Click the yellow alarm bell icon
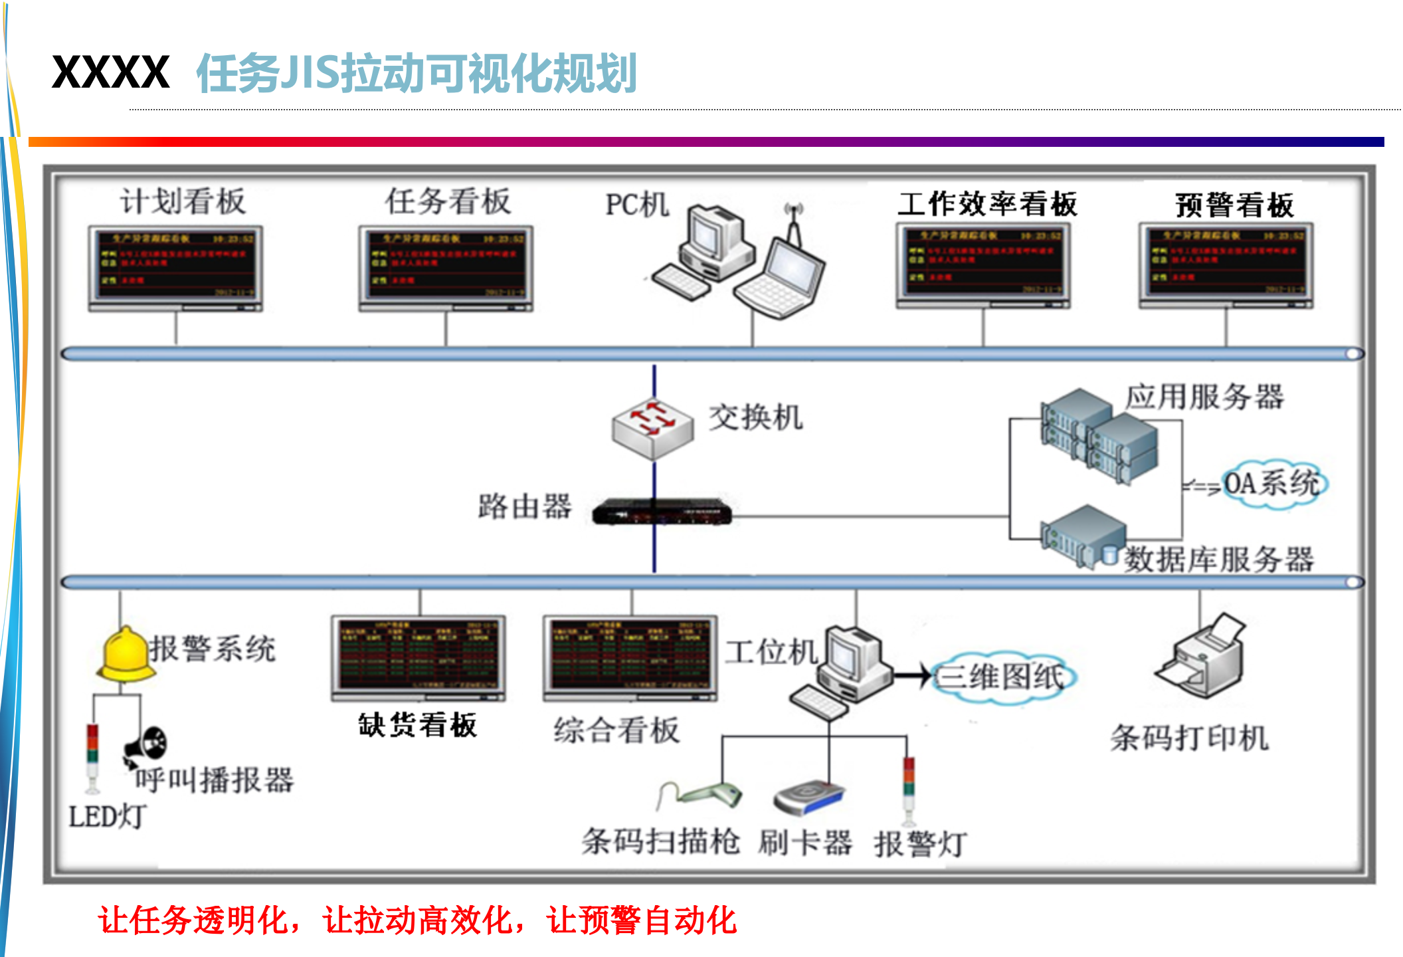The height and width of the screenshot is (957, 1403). coord(124,655)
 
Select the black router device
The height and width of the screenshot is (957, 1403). coord(662,512)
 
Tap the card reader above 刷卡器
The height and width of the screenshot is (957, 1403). coord(809,797)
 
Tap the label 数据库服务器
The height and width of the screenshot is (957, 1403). coord(1218,560)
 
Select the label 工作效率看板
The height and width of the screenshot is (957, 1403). coord(987,204)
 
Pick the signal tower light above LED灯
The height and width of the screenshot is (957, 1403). coord(92,758)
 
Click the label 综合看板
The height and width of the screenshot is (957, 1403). coord(616,730)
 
